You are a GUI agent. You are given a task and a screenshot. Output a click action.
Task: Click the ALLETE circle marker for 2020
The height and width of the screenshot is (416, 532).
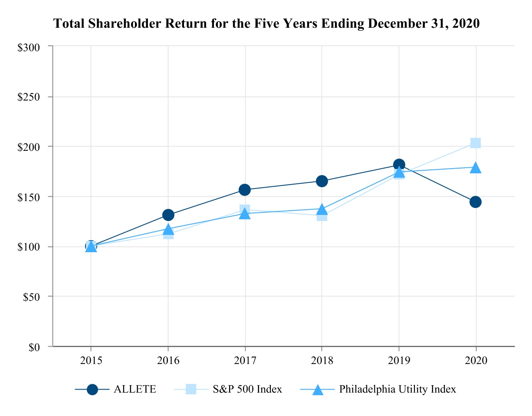(x=476, y=202)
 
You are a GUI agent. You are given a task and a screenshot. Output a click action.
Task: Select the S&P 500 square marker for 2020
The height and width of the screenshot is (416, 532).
(x=476, y=143)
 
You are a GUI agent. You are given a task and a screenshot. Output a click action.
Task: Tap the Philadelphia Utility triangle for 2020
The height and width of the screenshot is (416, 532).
(x=476, y=168)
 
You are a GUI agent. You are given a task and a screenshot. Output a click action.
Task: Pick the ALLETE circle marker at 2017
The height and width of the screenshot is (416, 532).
(x=245, y=190)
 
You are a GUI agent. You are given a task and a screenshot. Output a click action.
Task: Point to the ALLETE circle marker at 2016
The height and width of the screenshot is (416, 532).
(x=168, y=215)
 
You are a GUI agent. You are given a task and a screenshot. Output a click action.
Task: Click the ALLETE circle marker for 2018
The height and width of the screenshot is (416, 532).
(x=322, y=181)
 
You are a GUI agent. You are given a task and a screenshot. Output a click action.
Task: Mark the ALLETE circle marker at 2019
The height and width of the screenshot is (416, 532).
(x=399, y=165)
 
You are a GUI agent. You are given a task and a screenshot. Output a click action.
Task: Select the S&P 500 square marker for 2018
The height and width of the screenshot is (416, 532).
(x=322, y=216)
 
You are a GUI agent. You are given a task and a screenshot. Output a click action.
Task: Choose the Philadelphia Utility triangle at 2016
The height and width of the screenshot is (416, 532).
(x=168, y=229)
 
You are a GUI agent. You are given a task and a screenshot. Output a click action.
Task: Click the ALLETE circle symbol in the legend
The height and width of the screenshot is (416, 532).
(x=92, y=390)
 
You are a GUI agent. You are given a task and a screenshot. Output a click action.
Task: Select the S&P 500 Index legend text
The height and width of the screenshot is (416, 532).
(x=247, y=389)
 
